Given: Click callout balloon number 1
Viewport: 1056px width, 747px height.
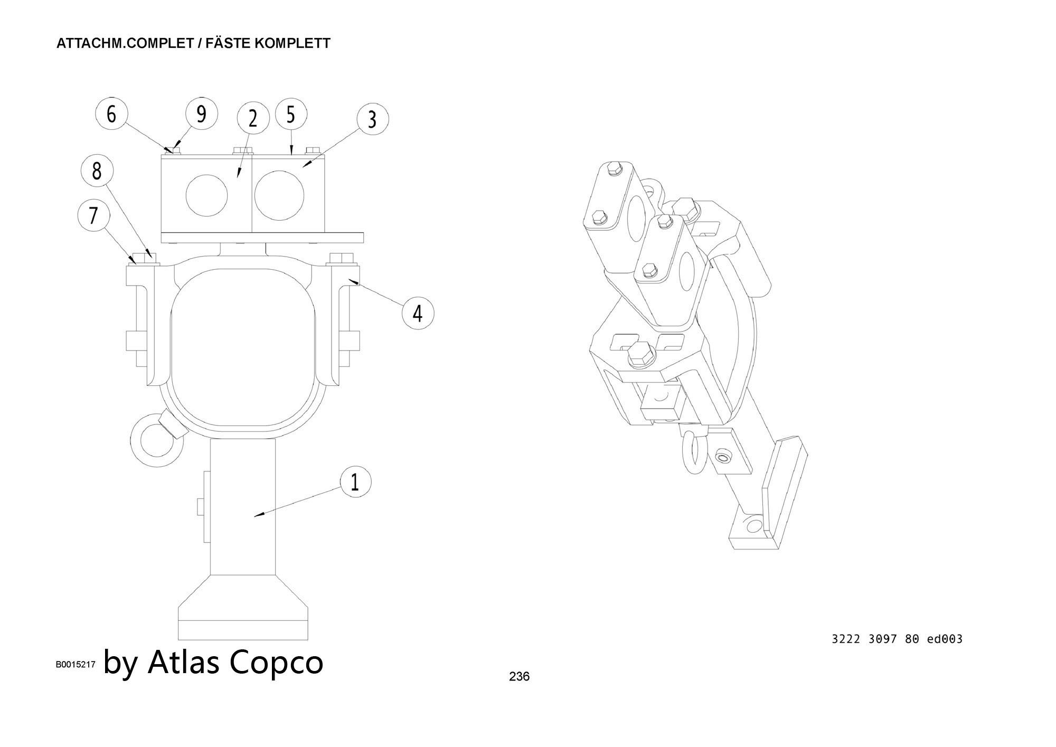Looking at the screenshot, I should pyautogui.click(x=355, y=481).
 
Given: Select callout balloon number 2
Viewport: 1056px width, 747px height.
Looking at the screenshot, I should pyautogui.click(x=253, y=119).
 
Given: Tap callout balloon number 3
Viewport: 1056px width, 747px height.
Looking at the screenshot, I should pyautogui.click(x=372, y=119).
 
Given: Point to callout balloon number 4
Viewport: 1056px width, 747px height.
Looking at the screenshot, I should pyautogui.click(x=418, y=313).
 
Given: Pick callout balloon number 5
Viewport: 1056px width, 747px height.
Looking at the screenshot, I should pyautogui.click(x=291, y=114).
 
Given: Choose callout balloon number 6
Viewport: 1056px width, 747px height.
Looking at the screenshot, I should pyautogui.click(x=111, y=114).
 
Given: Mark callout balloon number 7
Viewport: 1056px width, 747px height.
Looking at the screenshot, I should pyautogui.click(x=93, y=215).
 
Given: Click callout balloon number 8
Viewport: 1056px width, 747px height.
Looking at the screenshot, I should pyautogui.click(x=97, y=171).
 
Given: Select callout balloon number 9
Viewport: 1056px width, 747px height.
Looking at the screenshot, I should pyautogui.click(x=201, y=114).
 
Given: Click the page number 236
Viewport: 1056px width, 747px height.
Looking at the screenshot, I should pyautogui.click(x=519, y=676).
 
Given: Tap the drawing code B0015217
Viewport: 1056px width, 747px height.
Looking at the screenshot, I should pyautogui.click(x=76, y=665).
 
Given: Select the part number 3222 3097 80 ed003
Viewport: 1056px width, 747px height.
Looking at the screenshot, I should pyautogui.click(x=897, y=639).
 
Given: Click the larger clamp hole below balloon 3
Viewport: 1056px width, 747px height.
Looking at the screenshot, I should pyautogui.click(x=279, y=195).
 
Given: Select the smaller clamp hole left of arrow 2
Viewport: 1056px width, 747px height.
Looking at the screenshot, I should pyautogui.click(x=206, y=195).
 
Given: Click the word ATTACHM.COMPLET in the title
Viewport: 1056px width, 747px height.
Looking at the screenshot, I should pyautogui.click(x=125, y=43).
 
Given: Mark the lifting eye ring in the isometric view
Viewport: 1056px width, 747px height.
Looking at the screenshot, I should pyautogui.click(x=693, y=453).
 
